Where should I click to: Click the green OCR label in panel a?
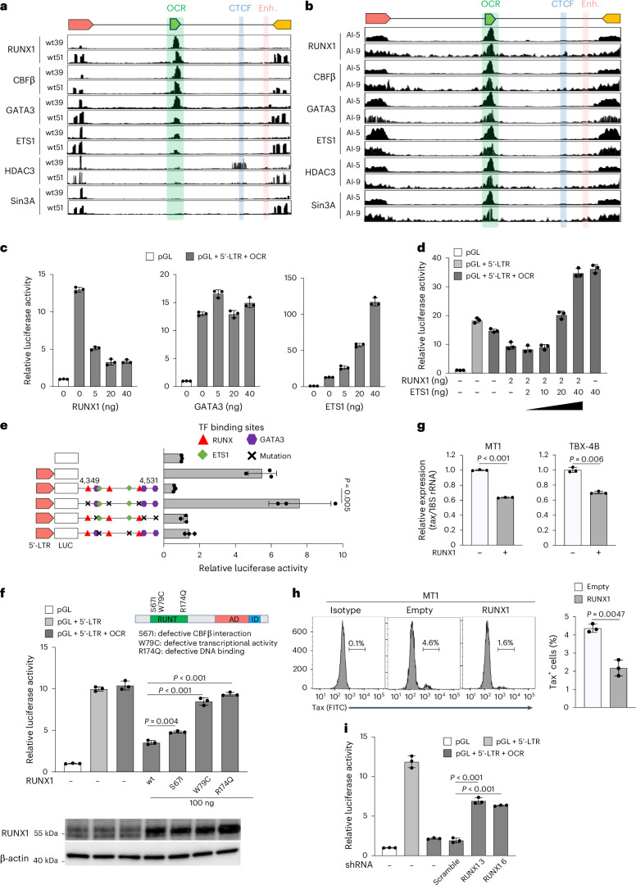176,8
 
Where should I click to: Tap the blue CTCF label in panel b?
562,4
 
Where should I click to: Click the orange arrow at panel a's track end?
282,25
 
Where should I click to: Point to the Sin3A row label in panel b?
324,206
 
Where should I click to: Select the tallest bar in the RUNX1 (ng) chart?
79,338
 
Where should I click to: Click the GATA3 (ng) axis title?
218,406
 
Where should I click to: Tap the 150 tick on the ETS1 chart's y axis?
290,278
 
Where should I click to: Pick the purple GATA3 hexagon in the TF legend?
252,440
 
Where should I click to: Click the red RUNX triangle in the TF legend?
204,440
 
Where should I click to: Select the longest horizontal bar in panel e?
231,503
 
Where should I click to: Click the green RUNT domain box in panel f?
168,619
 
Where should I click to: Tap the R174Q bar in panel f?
230,733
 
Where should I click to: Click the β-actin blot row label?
15,858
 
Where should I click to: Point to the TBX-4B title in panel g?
584,447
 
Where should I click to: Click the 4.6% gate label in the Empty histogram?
430,643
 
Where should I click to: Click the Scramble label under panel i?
447,869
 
